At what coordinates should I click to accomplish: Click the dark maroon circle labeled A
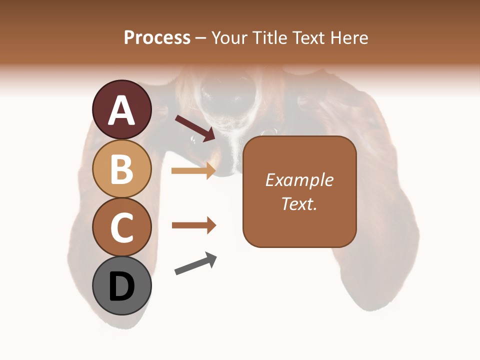point(122,109)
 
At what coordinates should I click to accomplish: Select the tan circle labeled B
point(122,168)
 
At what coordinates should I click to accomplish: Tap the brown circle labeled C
point(122,227)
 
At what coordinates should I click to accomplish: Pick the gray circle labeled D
point(122,286)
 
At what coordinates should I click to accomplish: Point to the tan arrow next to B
point(193,170)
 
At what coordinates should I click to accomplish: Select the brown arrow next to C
point(193,225)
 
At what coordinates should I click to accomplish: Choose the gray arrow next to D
point(195,263)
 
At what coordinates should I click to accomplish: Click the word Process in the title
point(157,37)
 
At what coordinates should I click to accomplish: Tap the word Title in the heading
point(268,37)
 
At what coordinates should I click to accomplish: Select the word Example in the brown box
point(299,180)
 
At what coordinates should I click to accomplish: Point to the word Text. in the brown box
point(299,203)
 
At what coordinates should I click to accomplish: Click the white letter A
point(122,110)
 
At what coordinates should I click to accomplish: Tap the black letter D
point(122,287)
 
